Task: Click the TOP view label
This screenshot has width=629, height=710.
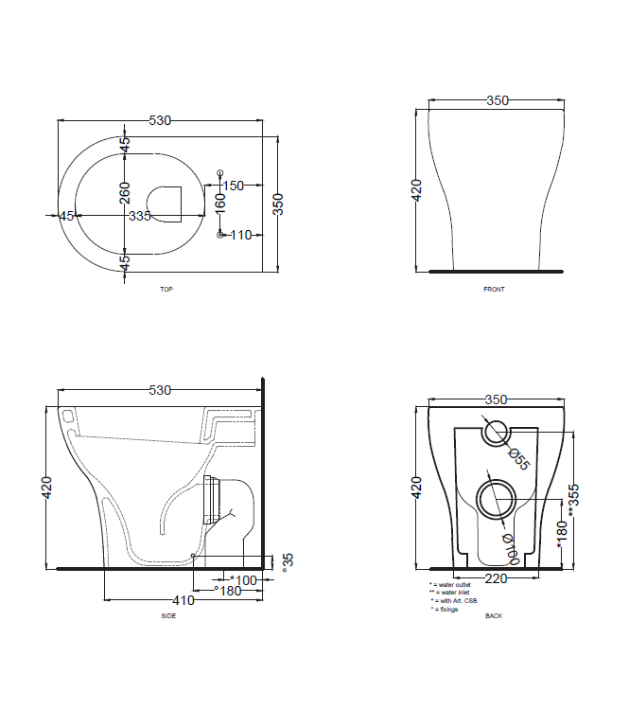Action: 166,289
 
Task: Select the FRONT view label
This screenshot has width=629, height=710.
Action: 494,289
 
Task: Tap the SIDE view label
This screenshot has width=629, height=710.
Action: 168,615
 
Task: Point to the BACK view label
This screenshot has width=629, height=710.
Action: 494,615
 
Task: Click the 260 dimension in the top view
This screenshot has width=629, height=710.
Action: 125,192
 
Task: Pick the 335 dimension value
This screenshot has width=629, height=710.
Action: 140,216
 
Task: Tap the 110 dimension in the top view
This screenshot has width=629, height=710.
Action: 240,235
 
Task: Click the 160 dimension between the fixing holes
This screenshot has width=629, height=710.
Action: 220,203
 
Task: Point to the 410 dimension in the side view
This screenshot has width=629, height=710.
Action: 183,600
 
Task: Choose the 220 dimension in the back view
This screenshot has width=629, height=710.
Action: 495,577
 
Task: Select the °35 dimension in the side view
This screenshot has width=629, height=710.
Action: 288,561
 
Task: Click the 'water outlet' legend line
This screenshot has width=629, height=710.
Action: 452,586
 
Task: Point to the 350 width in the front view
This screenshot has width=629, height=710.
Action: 498,99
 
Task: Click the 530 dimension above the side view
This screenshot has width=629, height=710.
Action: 160,390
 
